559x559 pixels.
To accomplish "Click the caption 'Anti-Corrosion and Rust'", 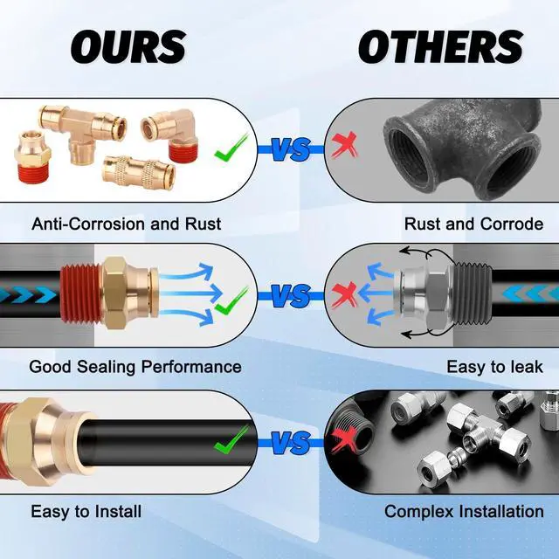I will pyautogui.click(x=126, y=224).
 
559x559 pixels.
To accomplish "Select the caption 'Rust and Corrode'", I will pyautogui.click(x=473, y=224).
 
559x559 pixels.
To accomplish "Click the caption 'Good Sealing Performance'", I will pyautogui.click(x=135, y=367).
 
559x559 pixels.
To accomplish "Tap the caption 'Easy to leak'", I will pyautogui.click(x=494, y=367).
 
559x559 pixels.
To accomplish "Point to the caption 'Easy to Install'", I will pyautogui.click(x=86, y=511).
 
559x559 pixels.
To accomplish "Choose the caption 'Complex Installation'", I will pyautogui.click(x=464, y=511).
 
